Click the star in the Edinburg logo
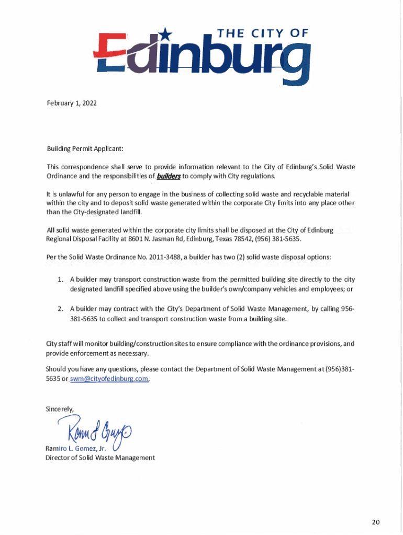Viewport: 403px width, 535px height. pos(165,35)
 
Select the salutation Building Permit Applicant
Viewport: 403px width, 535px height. pos(85,149)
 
